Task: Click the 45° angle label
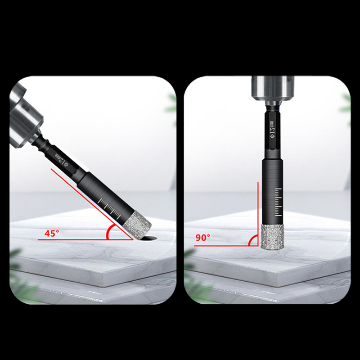pyautogui.click(x=52, y=233)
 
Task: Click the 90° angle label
pyautogui.click(x=203, y=238)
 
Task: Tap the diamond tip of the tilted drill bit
pyautogui.click(x=137, y=225)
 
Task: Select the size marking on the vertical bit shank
pyautogui.click(x=272, y=130)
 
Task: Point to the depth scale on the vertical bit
pyautogui.click(x=278, y=202)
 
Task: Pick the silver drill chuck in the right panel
pyautogui.click(x=273, y=90)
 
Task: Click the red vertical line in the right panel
pyautogui.click(x=258, y=214)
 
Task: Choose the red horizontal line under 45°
pyautogui.click(x=85, y=240)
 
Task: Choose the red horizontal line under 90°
pyautogui.click(x=226, y=246)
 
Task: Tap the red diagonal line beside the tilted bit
pyautogui.click(x=92, y=204)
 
